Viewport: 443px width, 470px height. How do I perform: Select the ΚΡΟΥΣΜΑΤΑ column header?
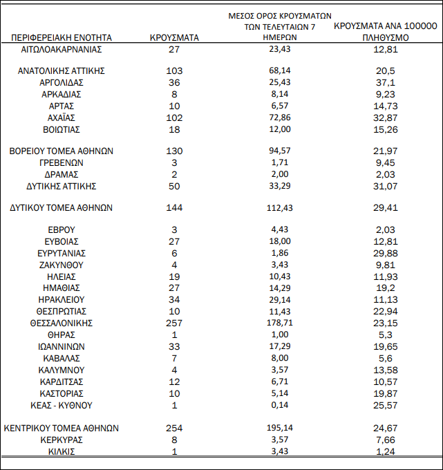174,38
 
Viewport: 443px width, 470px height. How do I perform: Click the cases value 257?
174,323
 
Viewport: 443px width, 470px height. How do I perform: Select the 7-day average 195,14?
280,429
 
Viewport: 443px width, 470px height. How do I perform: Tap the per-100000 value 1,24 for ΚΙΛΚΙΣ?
385,451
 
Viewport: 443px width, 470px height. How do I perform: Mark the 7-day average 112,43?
280,207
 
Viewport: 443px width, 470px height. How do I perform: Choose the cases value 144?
174,207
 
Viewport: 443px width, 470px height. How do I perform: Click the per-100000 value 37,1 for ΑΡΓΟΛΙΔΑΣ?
385,83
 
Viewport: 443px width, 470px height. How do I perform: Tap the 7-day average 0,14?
280,405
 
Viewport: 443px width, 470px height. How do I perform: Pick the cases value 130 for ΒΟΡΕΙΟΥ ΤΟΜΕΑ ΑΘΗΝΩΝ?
174,151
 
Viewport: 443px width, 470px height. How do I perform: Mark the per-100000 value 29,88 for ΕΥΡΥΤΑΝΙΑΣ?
385,253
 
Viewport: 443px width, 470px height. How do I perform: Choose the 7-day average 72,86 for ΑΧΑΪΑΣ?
280,117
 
